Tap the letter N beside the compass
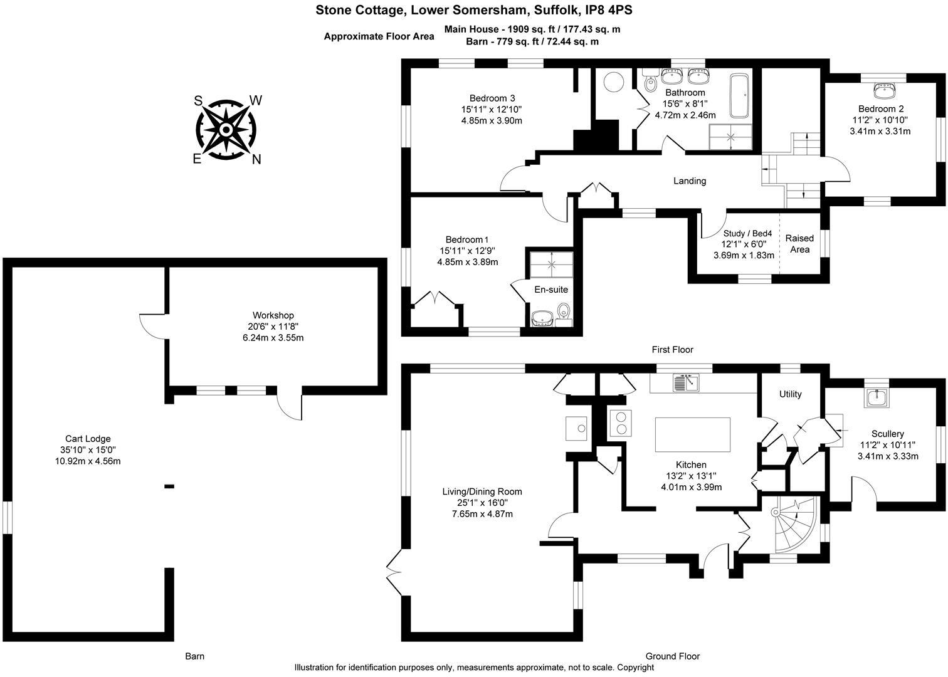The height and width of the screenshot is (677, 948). [256, 160]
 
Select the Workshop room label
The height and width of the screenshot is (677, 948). [273, 315]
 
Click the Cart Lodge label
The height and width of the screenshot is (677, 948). [88, 439]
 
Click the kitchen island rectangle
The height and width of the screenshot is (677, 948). [692, 434]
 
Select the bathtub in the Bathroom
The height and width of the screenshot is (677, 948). [739, 96]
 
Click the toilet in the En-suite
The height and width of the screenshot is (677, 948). [564, 312]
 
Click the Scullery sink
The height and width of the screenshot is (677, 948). [875, 397]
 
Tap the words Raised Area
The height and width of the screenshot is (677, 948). [799, 244]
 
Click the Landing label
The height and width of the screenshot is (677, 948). [690, 181]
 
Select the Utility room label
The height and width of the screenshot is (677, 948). [790, 394]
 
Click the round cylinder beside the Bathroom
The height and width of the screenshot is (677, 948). [613, 82]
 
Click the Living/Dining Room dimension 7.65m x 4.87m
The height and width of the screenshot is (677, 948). [482, 514]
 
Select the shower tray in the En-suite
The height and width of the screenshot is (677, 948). [551, 264]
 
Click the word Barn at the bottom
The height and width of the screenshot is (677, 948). [194, 656]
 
